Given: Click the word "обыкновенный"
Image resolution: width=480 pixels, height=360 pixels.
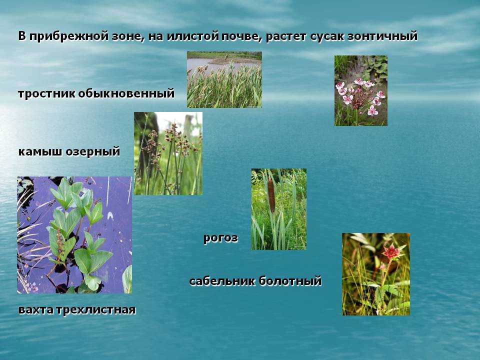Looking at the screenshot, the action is click(126, 93).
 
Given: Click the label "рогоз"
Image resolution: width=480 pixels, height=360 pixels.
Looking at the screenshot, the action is click(220, 238).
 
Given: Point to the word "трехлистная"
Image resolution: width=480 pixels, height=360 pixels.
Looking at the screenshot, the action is click(95, 310).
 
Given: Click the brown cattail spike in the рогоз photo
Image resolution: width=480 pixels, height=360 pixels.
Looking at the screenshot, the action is click(271, 196).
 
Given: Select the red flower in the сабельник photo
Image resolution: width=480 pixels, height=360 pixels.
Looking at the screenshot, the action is click(390, 251).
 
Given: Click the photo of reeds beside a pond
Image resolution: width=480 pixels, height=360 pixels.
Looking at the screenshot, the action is click(224, 79).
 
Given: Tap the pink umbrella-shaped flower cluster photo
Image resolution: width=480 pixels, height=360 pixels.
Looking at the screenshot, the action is click(361, 90).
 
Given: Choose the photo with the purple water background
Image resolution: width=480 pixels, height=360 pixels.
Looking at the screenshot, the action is click(74, 235).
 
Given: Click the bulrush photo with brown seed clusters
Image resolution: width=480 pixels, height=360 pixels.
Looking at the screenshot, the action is click(168, 153).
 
